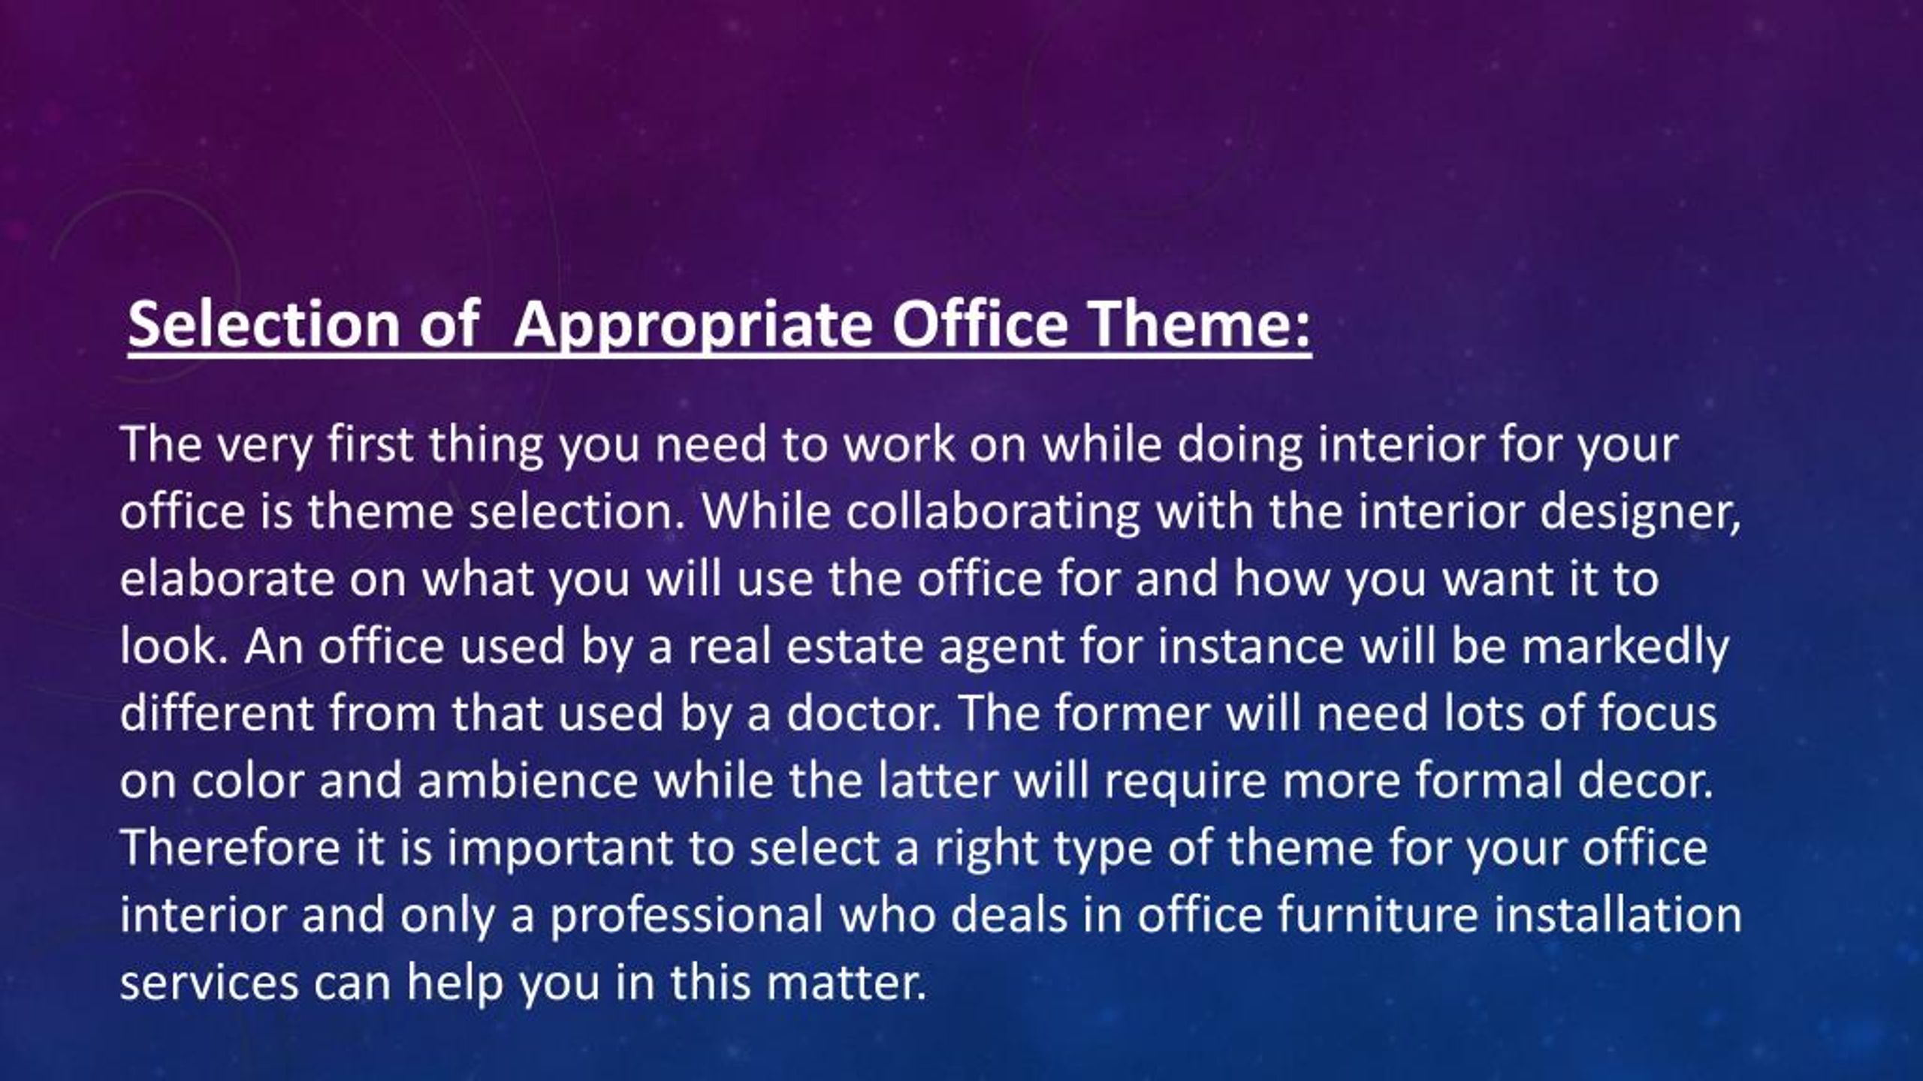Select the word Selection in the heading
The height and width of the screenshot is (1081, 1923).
tap(264, 324)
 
